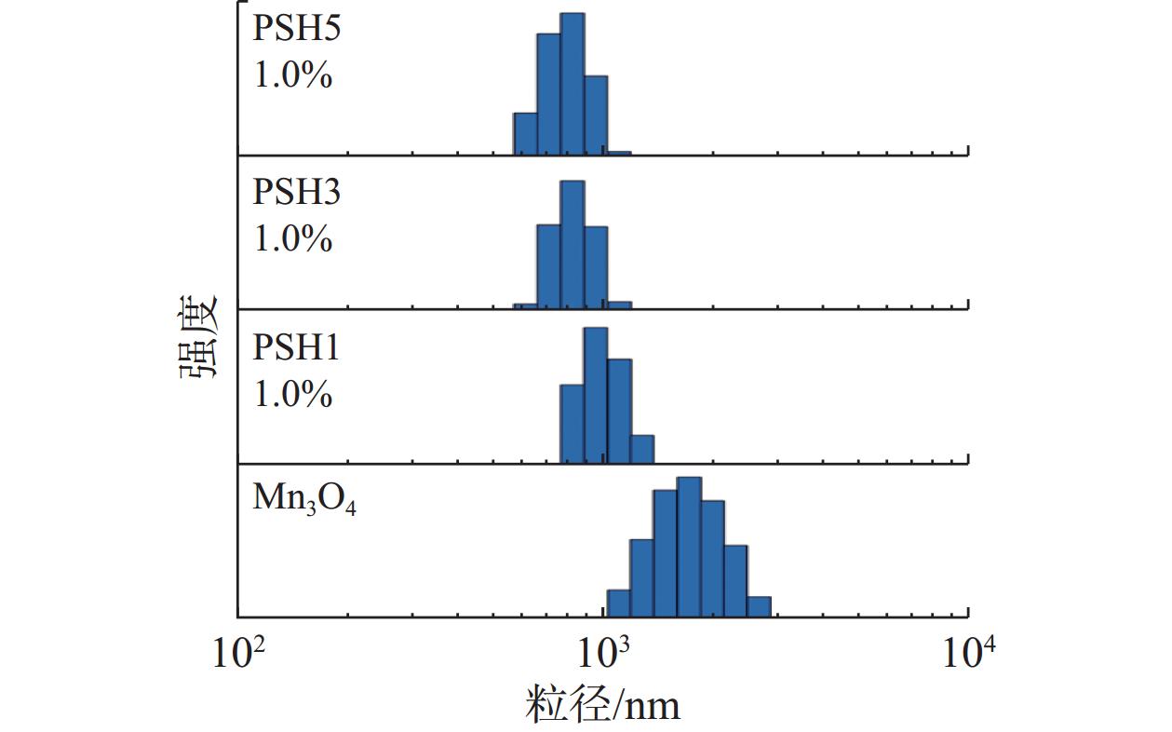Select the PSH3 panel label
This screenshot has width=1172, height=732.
pos(297,193)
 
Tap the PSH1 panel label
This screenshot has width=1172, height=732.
pos(297,348)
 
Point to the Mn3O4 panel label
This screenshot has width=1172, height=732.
pos(304,499)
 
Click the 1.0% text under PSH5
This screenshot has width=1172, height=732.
pos(293,75)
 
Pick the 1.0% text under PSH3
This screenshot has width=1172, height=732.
pos(293,239)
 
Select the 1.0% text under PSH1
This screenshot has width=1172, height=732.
pos(293,395)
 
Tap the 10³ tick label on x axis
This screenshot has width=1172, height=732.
pos(605,655)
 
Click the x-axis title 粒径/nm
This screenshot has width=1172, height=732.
pos(603,704)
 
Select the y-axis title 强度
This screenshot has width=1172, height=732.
pos(198,336)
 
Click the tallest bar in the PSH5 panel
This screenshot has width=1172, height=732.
pos(573,84)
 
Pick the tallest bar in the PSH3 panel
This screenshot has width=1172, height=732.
pos(573,244)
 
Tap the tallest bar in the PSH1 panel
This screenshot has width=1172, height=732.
pos(596,396)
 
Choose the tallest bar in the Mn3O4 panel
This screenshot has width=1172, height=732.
pos(689,547)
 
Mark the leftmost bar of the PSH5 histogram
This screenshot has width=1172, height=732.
pos(525,134)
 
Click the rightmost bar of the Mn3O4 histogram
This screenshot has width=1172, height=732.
pos(759,606)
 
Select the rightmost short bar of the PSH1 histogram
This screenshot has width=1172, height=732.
pos(642,449)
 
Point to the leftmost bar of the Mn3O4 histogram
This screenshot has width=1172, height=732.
pos(618,603)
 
